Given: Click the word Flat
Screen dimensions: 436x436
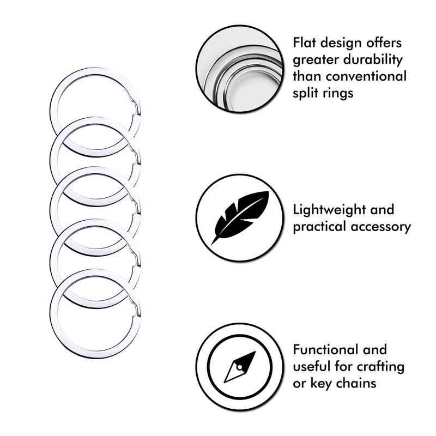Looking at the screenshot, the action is (x=306, y=43).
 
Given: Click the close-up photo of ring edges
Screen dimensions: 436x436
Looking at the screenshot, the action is (x=240, y=70).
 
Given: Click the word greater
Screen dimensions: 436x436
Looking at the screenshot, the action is (x=319, y=60).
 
